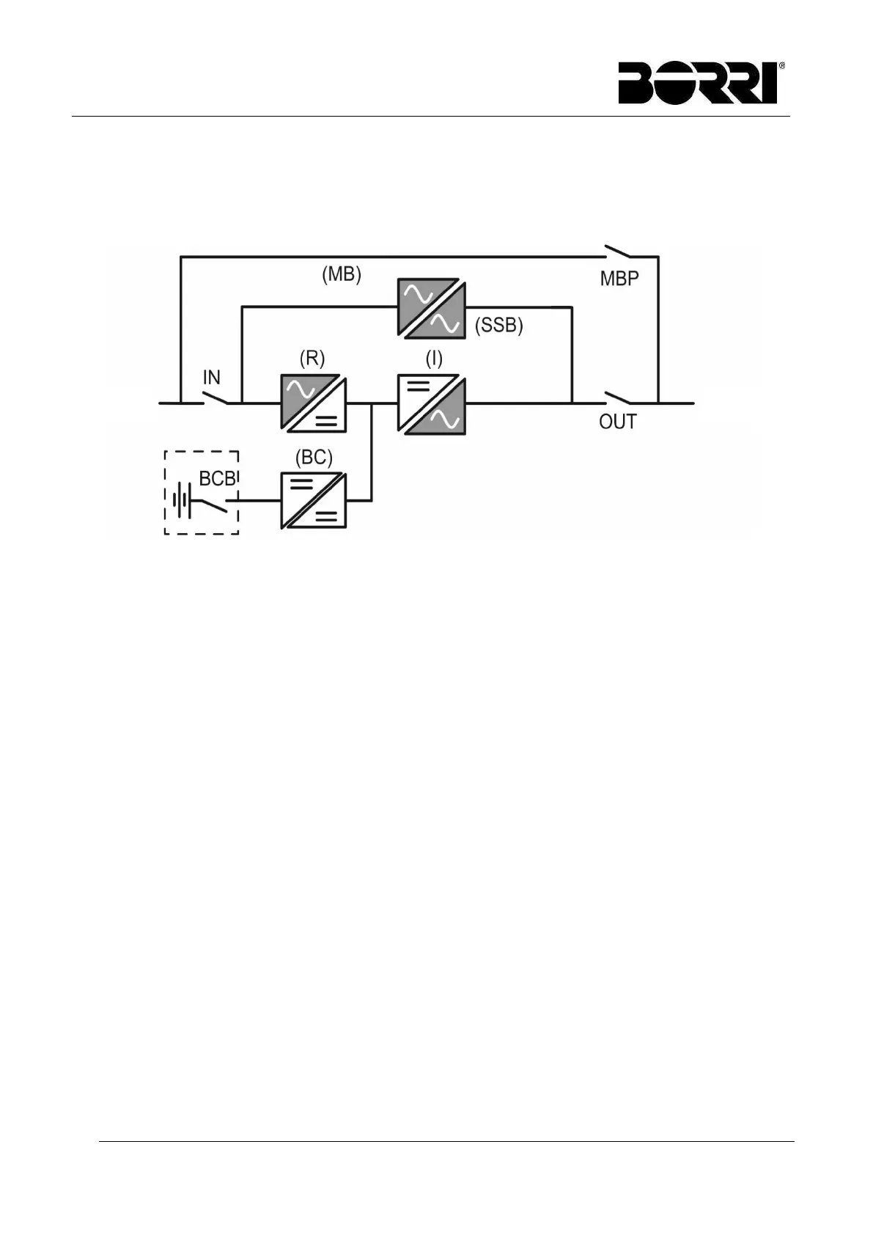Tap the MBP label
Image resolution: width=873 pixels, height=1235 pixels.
619,279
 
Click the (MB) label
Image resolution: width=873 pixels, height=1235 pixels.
342,275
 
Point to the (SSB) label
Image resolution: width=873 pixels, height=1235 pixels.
499,326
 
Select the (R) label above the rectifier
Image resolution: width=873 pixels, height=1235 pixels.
312,359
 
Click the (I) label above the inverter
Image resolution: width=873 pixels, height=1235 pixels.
434,359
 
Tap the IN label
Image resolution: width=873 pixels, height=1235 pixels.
211,378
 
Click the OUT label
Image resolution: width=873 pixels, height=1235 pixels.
618,422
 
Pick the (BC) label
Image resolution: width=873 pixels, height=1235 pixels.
314,458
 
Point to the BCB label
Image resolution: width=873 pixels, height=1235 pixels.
218,479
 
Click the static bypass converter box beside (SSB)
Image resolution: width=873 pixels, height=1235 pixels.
431,308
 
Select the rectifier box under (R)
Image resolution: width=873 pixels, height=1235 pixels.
314,403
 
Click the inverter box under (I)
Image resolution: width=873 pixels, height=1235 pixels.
432,403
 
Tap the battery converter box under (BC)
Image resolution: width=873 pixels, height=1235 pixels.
314,501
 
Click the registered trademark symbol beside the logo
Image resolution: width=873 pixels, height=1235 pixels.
781,66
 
